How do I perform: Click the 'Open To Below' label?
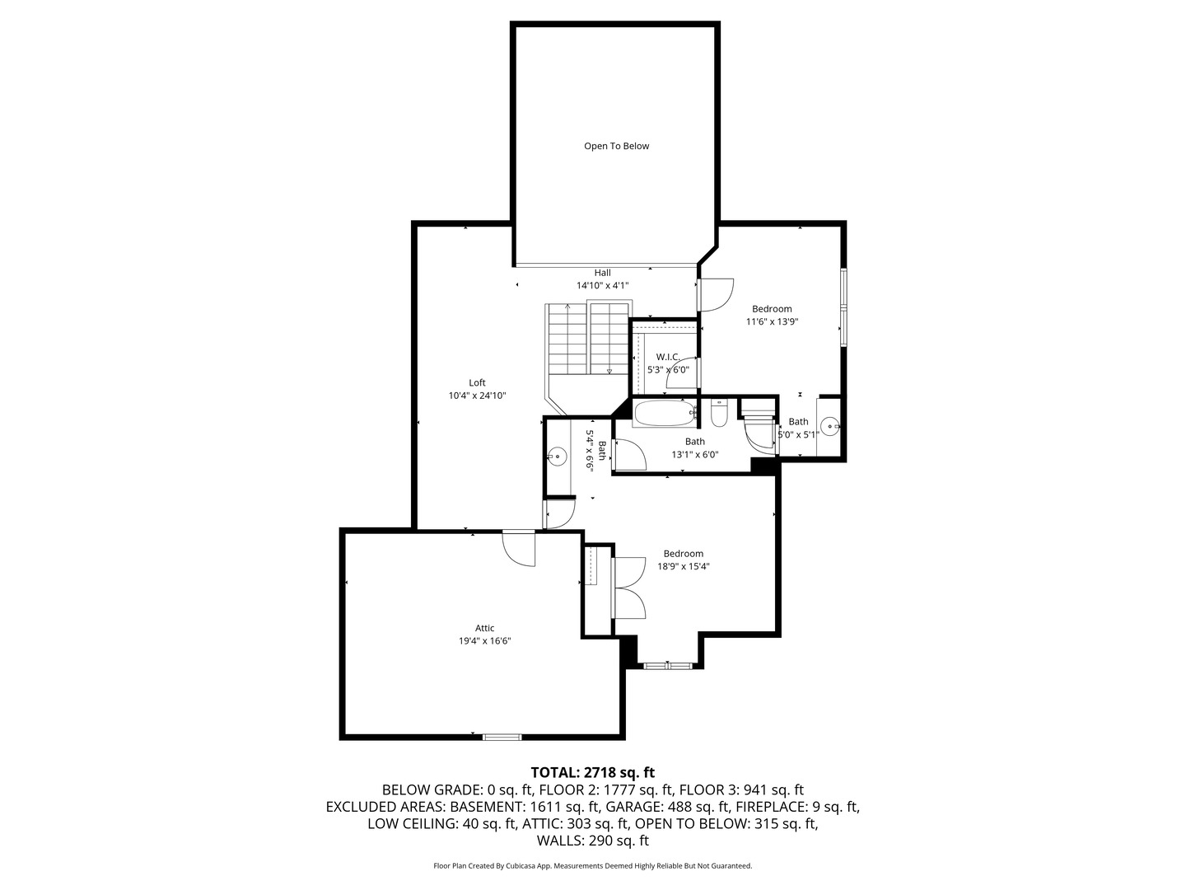click(616, 146)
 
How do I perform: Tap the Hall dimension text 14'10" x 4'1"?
click(602, 285)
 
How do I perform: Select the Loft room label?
click(477, 382)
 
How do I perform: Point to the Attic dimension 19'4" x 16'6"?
click(485, 640)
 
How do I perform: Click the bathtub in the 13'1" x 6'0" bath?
click(665, 414)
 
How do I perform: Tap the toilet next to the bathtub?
click(718, 413)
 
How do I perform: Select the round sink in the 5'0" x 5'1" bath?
click(831, 426)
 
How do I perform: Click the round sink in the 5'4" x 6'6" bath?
click(558, 456)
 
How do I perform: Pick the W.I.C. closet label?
click(667, 357)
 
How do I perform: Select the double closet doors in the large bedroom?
click(629, 587)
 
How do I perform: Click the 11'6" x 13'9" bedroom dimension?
click(772, 322)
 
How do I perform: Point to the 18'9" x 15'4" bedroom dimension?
click(683, 566)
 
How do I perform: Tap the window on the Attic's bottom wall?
click(502, 736)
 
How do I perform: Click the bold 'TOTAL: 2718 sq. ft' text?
click(592, 772)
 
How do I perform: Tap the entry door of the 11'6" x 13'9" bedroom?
click(715, 295)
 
